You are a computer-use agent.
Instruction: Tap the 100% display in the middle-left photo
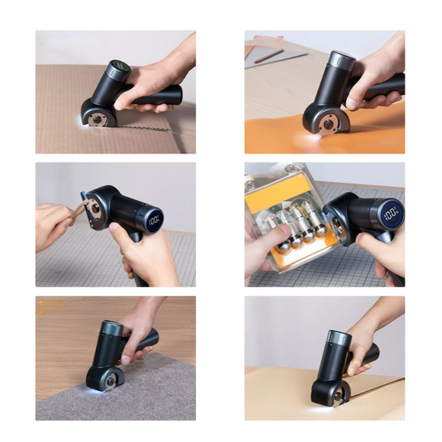153,223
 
